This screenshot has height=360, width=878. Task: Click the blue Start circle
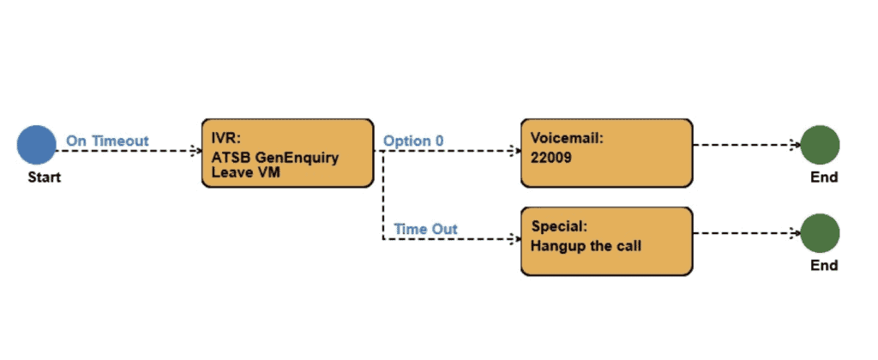[36, 145]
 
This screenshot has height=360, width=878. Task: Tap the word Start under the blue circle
[45, 177]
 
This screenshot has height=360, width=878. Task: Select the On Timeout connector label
[107, 141]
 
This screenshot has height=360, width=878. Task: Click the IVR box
[287, 153]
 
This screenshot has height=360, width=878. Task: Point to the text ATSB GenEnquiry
[275, 158]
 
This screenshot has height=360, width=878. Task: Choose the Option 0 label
[413, 141]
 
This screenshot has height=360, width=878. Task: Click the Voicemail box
[606, 153]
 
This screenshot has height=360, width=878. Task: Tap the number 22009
[551, 158]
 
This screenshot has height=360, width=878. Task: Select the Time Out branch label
[425, 229]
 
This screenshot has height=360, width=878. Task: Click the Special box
[606, 242]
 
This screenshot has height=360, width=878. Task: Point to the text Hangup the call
[586, 246]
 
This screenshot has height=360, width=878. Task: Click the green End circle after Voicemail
[820, 145]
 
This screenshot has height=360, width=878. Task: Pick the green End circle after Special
[820, 233]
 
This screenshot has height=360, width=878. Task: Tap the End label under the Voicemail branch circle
[824, 177]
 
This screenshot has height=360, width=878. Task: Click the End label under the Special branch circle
[824, 266]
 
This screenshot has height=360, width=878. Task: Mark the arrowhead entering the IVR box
[196, 150]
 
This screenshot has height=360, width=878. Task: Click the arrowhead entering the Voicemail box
[515, 150]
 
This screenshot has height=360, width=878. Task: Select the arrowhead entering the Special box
[515, 239]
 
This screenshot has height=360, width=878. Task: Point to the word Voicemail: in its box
[567, 138]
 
